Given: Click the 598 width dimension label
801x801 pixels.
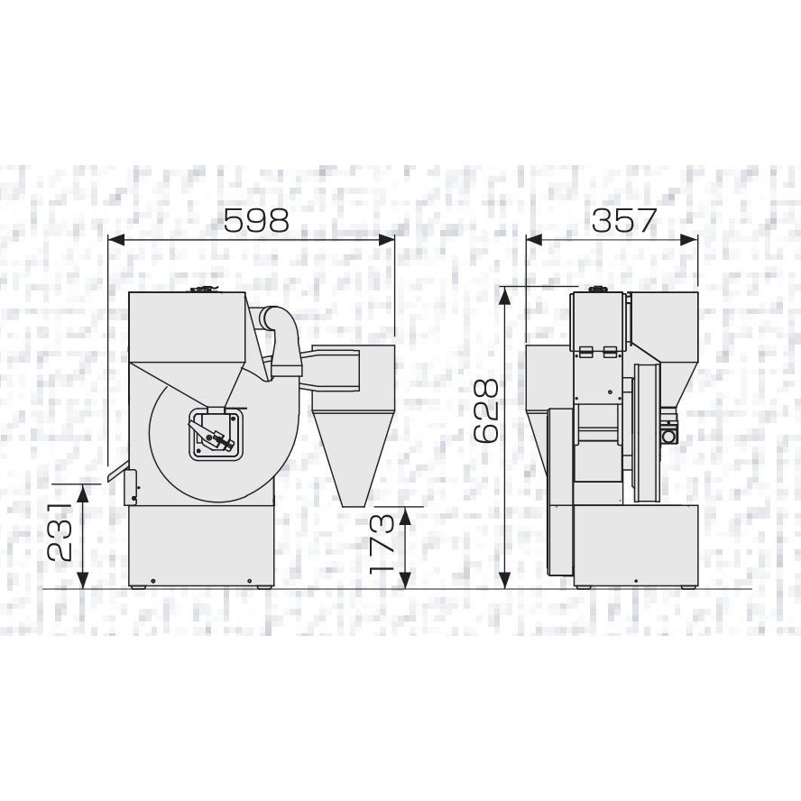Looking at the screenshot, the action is click(256, 221).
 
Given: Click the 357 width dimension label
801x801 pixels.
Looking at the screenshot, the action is click(623, 221).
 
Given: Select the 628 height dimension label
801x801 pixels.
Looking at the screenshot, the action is click(486, 410).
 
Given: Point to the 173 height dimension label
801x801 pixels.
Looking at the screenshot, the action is click(382, 542).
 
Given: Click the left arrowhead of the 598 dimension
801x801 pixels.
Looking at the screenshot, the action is click(117, 240).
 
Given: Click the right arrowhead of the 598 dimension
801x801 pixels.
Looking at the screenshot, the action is click(386, 240).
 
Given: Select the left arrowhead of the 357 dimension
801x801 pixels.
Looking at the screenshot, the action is click(534, 240).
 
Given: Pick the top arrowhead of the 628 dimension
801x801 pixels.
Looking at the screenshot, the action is click(505, 295).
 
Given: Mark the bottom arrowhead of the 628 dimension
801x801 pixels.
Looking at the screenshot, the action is click(505, 580).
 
